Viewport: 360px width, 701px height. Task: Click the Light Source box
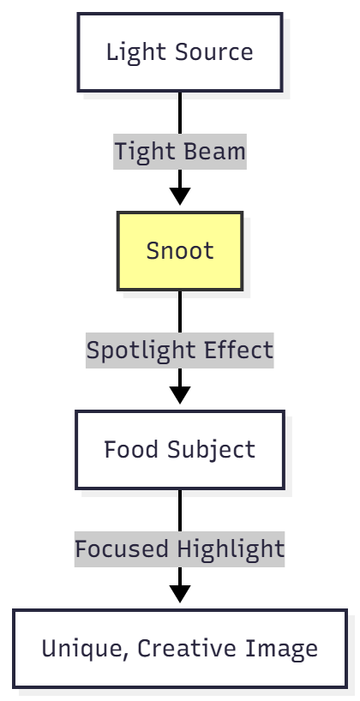click(180, 51)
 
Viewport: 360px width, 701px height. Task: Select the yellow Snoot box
click(180, 251)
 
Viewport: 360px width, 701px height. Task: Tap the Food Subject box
click(180, 450)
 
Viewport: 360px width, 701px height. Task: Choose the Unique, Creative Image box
click(180, 649)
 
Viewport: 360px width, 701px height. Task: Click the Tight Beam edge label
click(180, 152)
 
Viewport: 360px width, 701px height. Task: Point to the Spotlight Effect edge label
click(180, 350)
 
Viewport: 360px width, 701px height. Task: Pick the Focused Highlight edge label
click(180, 549)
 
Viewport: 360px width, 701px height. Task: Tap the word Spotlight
click(141, 350)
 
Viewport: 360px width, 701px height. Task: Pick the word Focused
click(122, 549)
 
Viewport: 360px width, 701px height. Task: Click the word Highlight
click(231, 549)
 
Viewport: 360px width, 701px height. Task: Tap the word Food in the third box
click(126, 450)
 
